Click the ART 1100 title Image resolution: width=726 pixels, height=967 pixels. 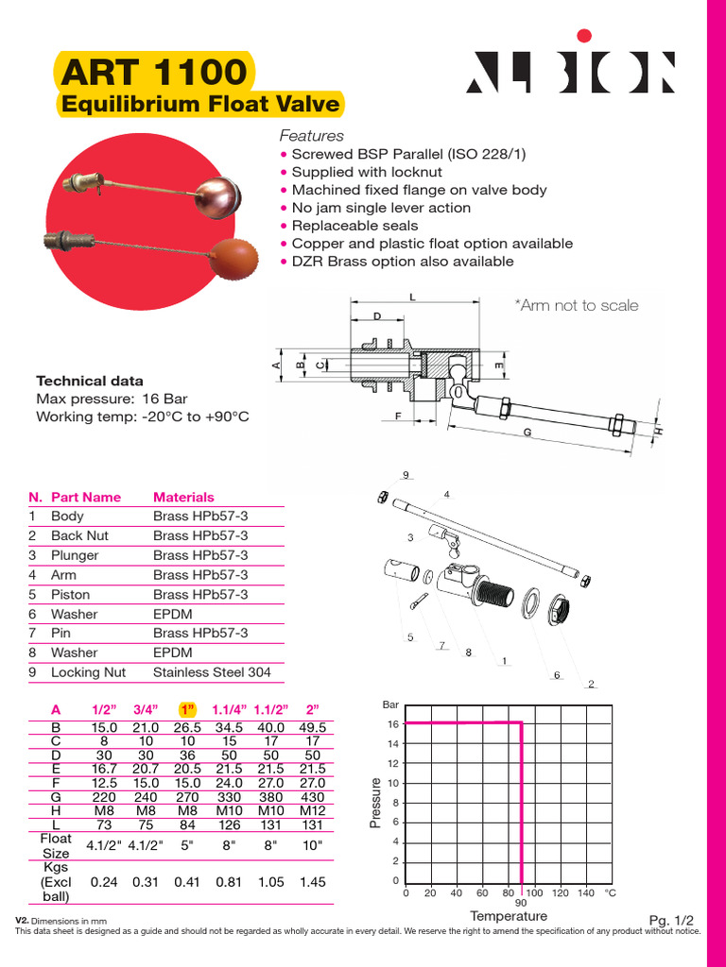pos(155,72)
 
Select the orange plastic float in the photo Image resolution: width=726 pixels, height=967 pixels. pos(233,255)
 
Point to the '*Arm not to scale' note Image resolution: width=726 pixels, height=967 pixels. pos(576,305)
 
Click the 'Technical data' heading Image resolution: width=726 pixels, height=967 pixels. pos(90,382)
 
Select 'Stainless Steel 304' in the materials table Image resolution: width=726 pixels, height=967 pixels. pos(212,672)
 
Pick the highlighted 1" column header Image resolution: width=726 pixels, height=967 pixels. pos(186,710)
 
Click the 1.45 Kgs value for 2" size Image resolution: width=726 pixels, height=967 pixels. pos(312,881)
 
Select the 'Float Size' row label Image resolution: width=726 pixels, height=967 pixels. pos(55,845)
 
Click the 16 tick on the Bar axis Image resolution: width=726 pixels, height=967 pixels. pos(393,724)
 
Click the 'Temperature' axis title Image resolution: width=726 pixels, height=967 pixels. pos(509,916)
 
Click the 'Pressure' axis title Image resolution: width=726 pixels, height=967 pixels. pos(376,803)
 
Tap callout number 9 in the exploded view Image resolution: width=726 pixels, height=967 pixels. pos(405,474)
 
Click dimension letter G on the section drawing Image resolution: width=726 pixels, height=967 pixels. pos(527,432)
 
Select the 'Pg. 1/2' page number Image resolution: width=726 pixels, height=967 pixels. pos(671,920)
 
